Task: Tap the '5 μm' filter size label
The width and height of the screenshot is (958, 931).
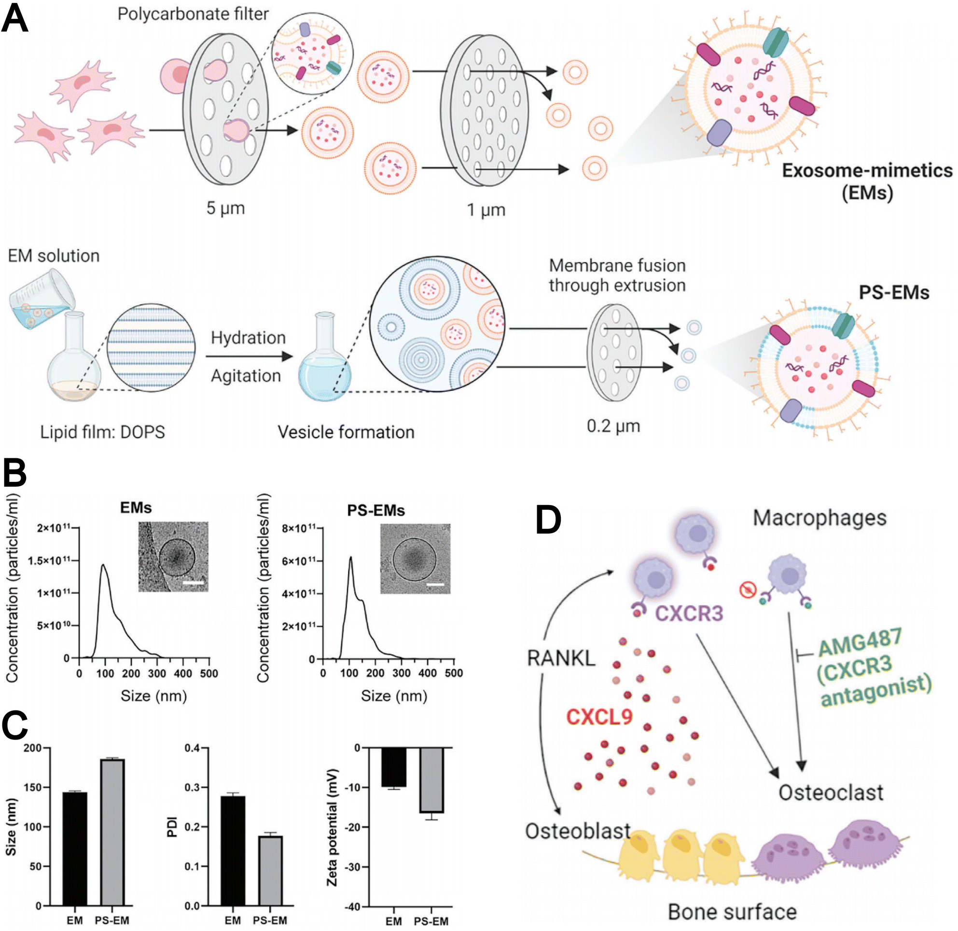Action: coord(225,208)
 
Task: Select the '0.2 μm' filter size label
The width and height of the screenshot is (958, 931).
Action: coord(613,426)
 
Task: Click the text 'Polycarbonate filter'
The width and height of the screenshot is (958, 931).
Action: coord(193,14)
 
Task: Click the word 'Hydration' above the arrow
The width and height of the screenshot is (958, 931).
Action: coord(248,338)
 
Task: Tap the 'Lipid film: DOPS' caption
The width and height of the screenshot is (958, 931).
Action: coord(102,432)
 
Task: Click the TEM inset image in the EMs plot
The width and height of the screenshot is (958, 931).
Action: coord(173,557)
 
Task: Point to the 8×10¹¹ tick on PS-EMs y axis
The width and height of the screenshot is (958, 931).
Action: coord(298,528)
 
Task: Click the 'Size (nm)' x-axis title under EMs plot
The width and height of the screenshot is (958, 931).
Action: coord(153,696)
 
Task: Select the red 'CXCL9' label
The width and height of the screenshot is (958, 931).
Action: coord(599,717)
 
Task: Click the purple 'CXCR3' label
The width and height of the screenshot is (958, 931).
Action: coord(689,613)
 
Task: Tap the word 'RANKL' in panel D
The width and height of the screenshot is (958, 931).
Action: coord(561,658)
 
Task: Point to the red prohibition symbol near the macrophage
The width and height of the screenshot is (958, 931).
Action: coord(748,590)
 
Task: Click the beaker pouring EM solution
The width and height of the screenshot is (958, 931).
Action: coord(42,298)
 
